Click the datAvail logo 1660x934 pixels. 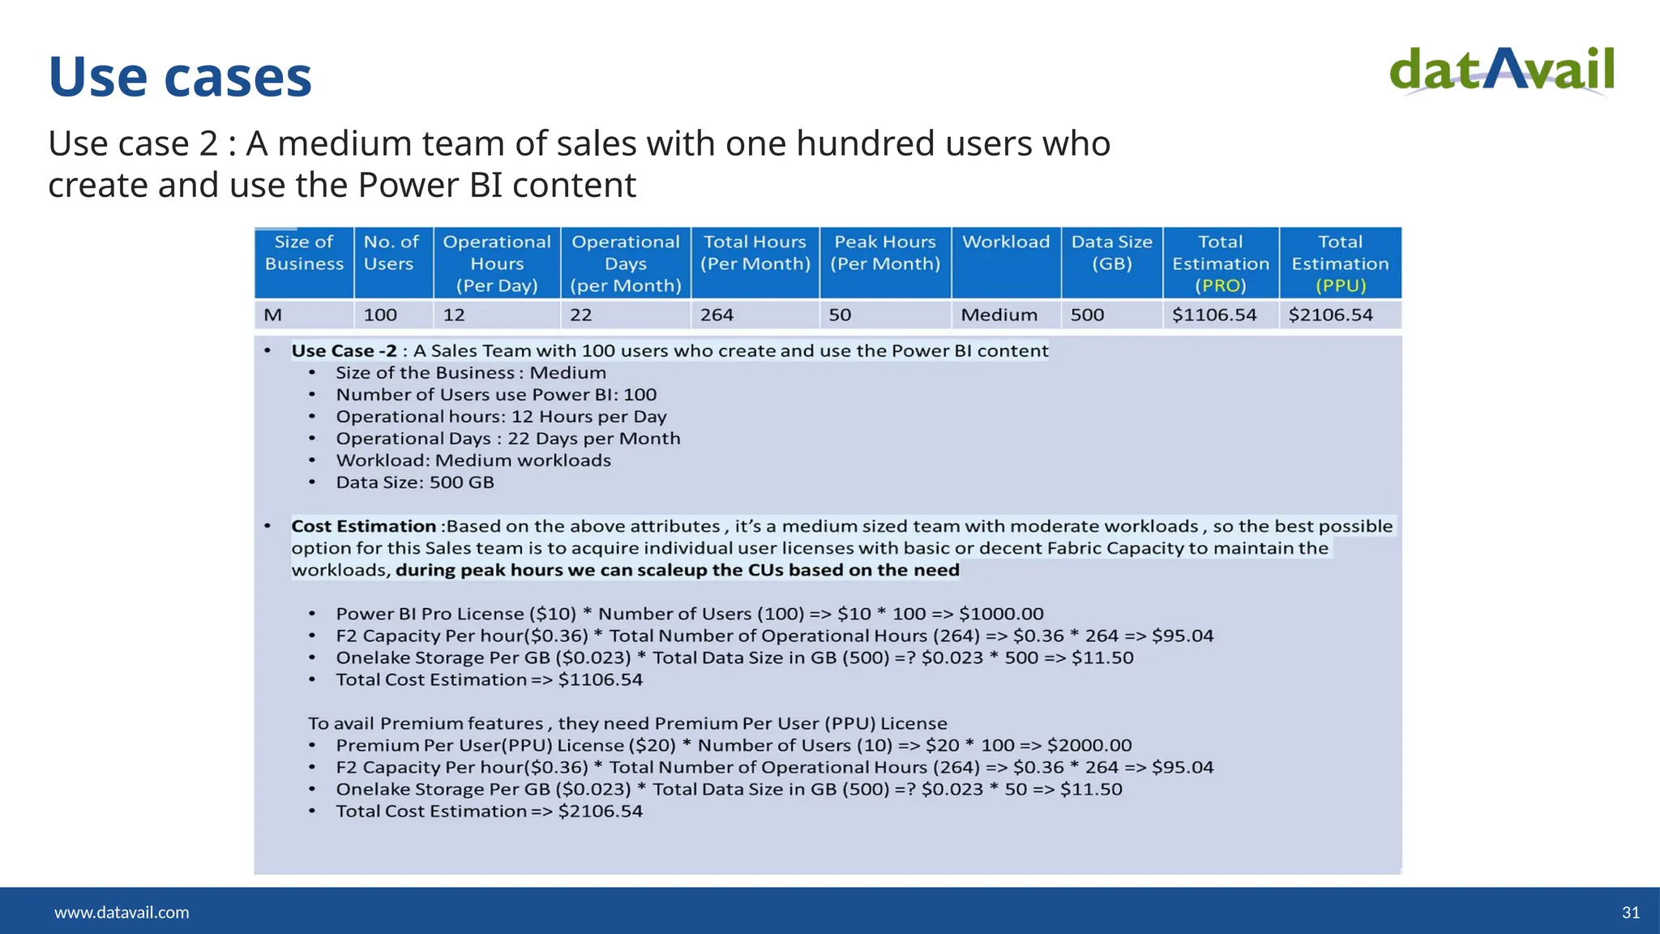(1502, 71)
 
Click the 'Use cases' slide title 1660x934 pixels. (180, 77)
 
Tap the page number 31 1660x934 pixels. (1630, 912)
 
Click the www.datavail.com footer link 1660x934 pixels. (122, 912)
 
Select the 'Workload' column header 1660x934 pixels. (1005, 242)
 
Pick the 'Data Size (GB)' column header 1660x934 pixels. (1111, 252)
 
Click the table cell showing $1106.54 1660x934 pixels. (1213, 315)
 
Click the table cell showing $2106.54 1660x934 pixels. (1330, 315)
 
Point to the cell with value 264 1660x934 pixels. (717, 315)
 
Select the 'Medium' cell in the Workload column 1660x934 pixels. (999, 315)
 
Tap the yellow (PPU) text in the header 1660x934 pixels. (1340, 286)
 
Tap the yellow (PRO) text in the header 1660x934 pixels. (1220, 286)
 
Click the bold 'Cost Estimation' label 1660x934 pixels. (363, 526)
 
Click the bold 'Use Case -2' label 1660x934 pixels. (344, 351)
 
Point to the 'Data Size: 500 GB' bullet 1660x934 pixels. (414, 482)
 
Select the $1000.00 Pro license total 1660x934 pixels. (1000, 614)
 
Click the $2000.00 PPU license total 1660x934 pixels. (1089, 745)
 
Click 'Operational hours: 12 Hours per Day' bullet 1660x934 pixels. (501, 417)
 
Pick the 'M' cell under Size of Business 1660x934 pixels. (273, 315)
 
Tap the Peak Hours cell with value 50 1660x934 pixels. (840, 315)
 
